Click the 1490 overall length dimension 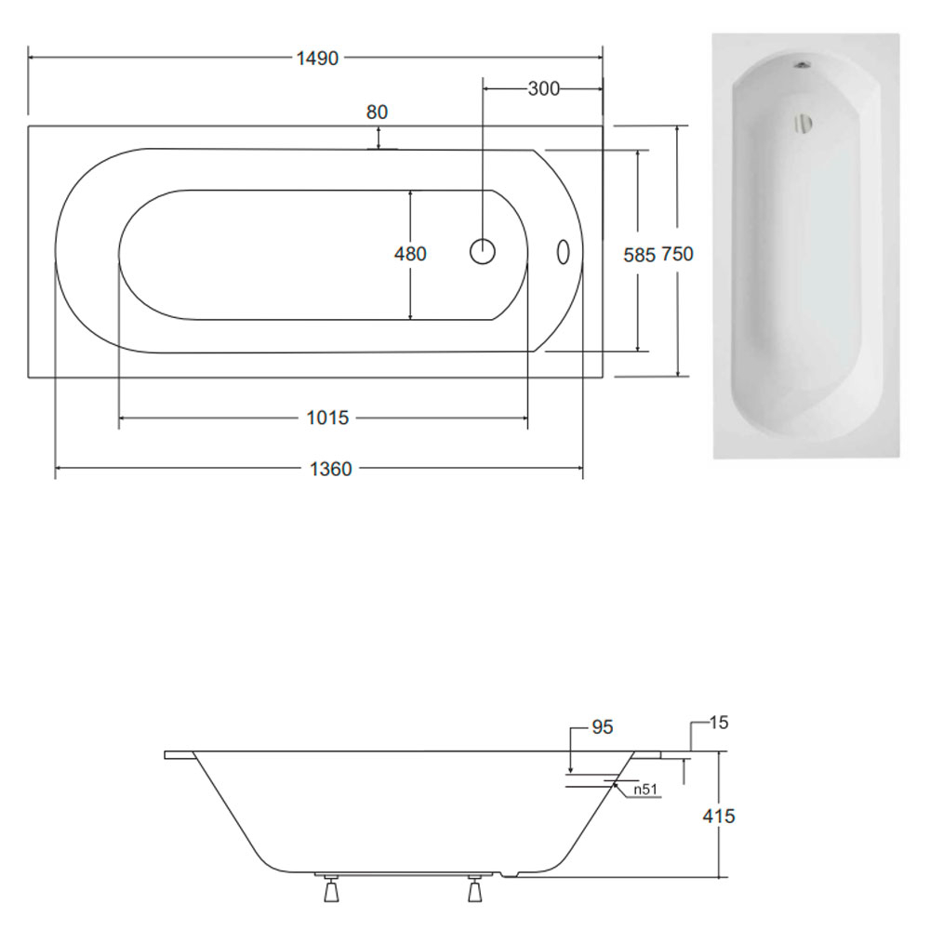[x=317, y=58]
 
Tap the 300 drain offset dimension [x=543, y=88]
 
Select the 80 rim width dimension [x=378, y=113]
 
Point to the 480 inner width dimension [x=410, y=254]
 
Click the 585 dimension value [x=640, y=255]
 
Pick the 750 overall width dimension [x=677, y=254]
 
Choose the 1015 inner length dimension [x=327, y=418]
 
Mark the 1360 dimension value [x=331, y=469]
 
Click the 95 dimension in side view [x=603, y=727]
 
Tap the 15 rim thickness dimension [x=718, y=723]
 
